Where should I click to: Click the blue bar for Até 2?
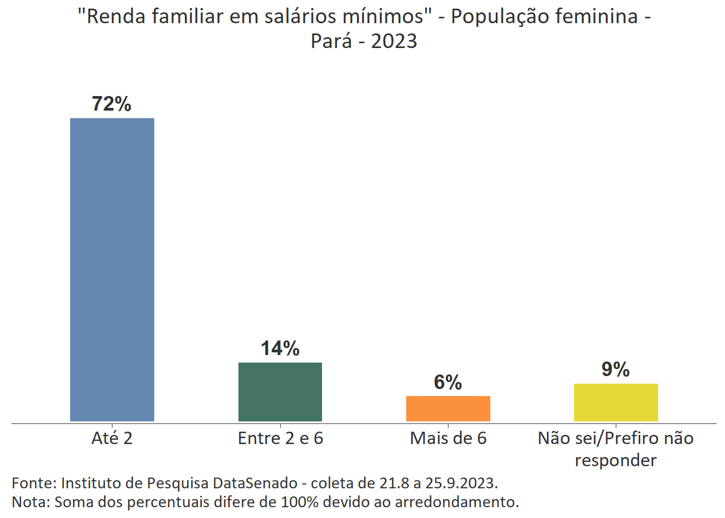[x=112, y=270]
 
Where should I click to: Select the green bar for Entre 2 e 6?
[x=280, y=392]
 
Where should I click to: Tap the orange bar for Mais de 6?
[x=448, y=408]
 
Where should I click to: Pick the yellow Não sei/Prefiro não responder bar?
[x=615, y=403]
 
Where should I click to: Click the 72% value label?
[x=112, y=104]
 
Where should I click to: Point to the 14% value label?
[x=280, y=349]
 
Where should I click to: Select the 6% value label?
[x=448, y=383]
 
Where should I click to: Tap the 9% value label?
[x=615, y=370]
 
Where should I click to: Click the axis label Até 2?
[x=112, y=438]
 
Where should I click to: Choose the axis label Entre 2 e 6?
[x=280, y=438]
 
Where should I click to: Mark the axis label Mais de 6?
[x=448, y=438]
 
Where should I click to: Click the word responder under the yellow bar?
[x=615, y=461]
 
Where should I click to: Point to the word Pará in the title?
[x=331, y=41]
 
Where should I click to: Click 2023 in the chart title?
[x=394, y=41]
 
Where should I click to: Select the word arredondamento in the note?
[x=456, y=502]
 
